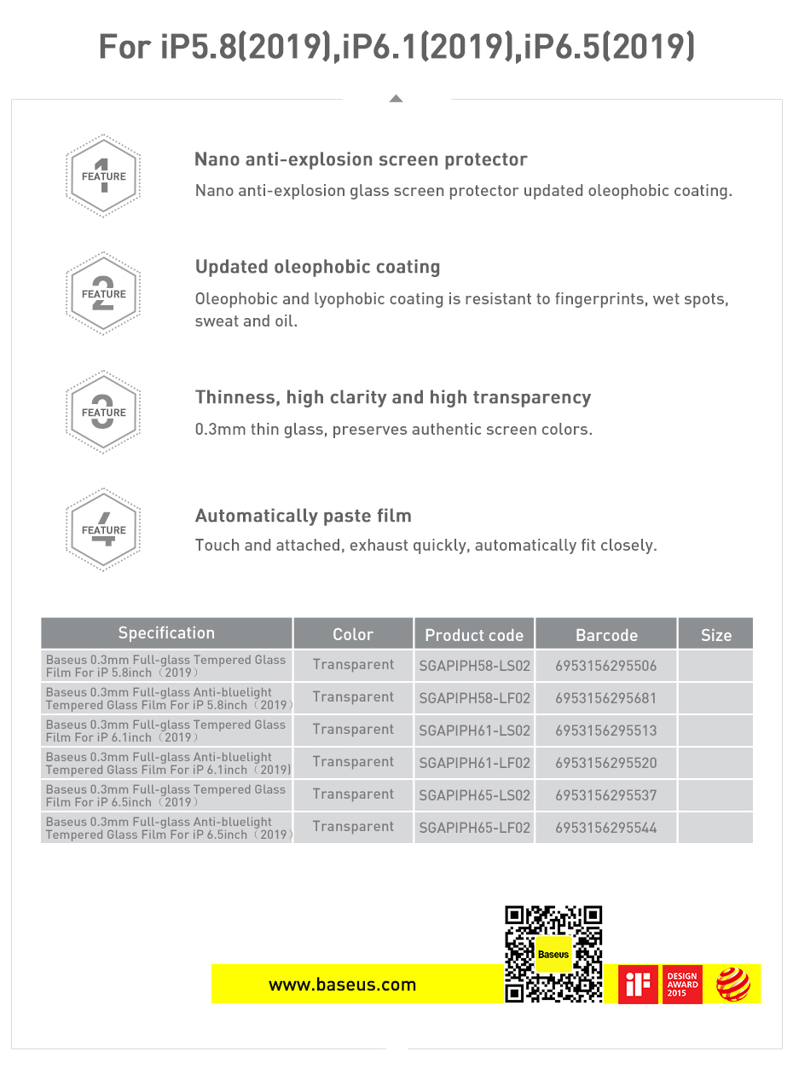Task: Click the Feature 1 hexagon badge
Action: coord(103,176)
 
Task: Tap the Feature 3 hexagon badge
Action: coord(103,412)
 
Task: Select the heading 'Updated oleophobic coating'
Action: coord(317,267)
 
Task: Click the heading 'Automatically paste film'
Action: coord(303,516)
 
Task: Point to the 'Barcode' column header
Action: coord(606,634)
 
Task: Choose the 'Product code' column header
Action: coord(474,634)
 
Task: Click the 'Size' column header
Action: coord(715,634)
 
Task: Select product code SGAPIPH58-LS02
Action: coord(474,666)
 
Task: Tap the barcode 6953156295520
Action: coord(605,763)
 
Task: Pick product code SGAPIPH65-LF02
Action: coord(474,828)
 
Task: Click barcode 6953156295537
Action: coord(605,795)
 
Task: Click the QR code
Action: coord(553,953)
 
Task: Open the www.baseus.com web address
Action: coord(342,985)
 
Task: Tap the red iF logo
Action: coord(638,985)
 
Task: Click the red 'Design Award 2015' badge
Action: coord(682,985)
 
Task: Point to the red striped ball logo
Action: coord(732,985)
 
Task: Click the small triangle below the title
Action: coord(396,99)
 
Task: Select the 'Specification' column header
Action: coord(166,633)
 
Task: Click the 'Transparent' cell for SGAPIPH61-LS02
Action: coord(353,730)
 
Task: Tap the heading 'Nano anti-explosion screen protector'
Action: coord(361,159)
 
